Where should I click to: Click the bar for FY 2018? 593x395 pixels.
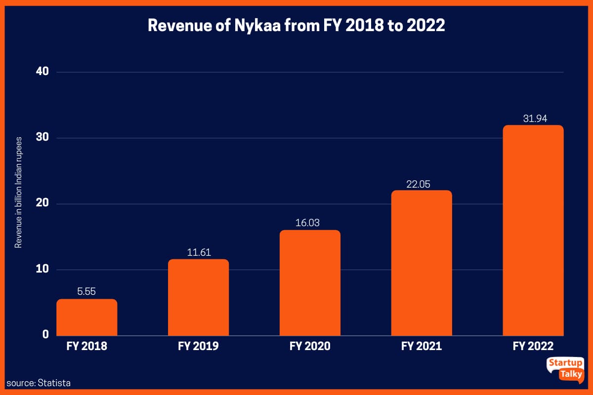[x=87, y=317]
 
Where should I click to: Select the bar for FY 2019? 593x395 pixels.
[x=198, y=297]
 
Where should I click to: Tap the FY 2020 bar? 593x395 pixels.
[x=310, y=282]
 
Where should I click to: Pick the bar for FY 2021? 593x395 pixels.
[x=422, y=263]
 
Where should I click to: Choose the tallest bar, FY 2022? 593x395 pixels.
[x=533, y=230]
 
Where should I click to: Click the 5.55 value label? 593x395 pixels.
[x=87, y=292]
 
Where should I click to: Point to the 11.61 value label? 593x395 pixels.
[x=198, y=252]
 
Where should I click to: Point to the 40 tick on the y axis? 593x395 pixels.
[x=42, y=72]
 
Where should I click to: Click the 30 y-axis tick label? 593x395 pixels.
[x=42, y=138]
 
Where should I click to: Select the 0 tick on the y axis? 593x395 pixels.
[x=45, y=335]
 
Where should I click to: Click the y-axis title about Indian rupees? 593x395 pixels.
[x=18, y=193]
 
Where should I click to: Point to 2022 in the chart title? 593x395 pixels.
[x=426, y=26]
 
